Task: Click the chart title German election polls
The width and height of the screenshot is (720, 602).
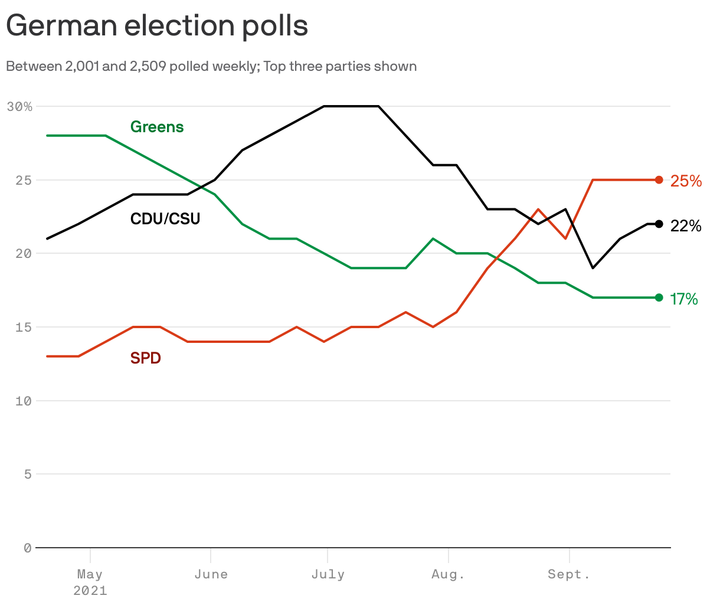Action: [157, 26]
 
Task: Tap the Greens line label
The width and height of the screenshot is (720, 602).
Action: [157, 127]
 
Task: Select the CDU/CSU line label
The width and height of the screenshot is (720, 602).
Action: [165, 219]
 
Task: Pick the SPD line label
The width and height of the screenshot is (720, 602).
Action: [145, 358]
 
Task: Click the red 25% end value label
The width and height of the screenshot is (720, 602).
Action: [686, 181]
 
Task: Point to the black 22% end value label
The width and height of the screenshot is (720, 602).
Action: [686, 226]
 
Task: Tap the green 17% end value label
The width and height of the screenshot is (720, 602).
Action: [684, 299]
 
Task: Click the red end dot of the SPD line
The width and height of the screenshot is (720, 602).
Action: [659, 180]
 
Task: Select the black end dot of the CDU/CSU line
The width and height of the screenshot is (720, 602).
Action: [659, 224]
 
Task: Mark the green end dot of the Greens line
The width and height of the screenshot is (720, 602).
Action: [659, 297]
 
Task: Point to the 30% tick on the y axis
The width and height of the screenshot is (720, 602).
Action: [19, 107]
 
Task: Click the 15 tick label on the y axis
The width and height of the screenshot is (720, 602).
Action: [23, 327]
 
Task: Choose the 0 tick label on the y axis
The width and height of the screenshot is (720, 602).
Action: [27, 548]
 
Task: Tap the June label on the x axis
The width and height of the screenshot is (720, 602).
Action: [211, 574]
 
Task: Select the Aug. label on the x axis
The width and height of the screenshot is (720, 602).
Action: [449, 574]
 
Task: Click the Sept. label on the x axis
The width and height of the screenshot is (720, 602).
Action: [569, 574]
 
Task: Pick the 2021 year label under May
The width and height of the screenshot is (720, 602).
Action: [90, 590]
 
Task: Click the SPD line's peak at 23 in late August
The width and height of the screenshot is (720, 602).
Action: [538, 210]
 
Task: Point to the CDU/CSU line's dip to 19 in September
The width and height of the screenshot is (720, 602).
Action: [593, 268]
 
